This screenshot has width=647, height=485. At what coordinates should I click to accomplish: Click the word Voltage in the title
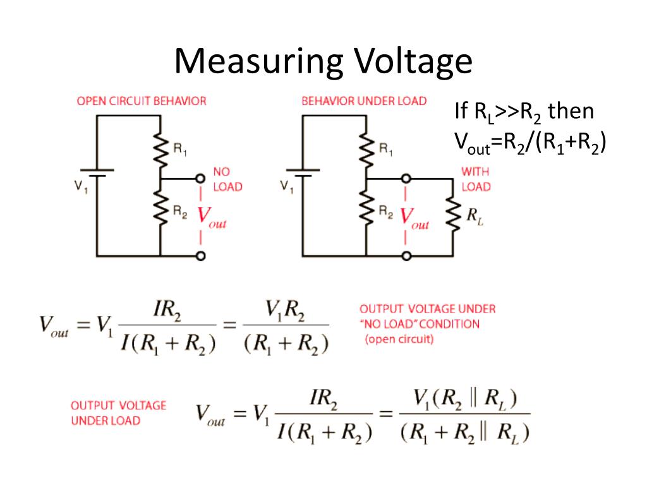tap(412, 62)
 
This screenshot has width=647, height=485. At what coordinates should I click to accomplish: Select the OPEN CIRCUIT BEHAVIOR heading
tap(142, 101)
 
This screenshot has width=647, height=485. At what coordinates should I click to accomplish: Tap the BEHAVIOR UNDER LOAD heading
tap(364, 101)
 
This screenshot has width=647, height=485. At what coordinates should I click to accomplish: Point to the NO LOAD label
tap(227, 179)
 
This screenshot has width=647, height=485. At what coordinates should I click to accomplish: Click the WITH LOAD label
tap(475, 179)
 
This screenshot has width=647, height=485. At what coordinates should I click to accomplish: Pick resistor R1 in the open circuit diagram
tap(160, 150)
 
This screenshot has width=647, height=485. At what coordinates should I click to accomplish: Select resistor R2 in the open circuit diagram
tap(160, 208)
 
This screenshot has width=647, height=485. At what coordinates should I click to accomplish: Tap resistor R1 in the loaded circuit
tap(366, 150)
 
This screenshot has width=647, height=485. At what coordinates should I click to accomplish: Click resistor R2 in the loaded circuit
tap(366, 208)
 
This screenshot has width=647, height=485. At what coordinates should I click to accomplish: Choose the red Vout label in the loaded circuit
tap(415, 217)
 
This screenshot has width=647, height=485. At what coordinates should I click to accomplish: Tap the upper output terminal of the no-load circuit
tap(201, 179)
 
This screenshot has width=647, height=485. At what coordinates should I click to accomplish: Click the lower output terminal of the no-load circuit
tap(201, 256)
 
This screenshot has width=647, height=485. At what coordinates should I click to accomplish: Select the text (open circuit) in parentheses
tap(398, 339)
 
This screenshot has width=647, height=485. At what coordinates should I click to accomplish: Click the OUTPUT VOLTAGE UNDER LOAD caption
tap(118, 413)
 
